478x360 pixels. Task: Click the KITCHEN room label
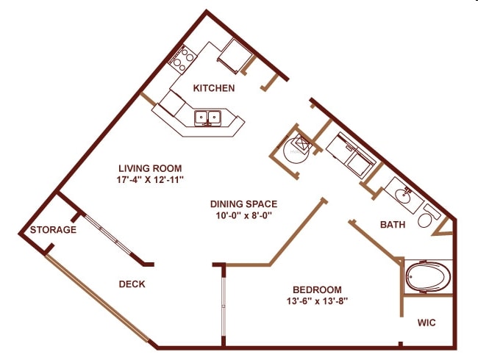pyautogui.click(x=214, y=89)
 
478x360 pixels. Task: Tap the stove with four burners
pyautogui.click(x=182, y=58)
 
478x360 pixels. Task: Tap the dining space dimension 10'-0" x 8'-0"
pyautogui.click(x=243, y=216)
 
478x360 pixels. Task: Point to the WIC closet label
pyautogui.click(x=427, y=323)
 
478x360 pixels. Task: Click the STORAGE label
pyautogui.click(x=53, y=230)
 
